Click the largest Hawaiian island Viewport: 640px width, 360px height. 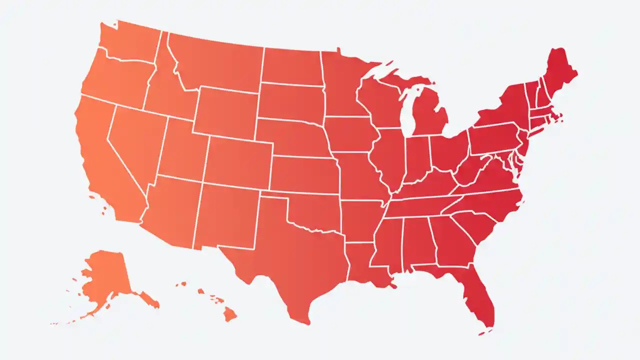(229, 314)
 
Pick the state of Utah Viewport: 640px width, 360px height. (182, 150)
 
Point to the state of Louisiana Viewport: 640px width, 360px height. (362, 265)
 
